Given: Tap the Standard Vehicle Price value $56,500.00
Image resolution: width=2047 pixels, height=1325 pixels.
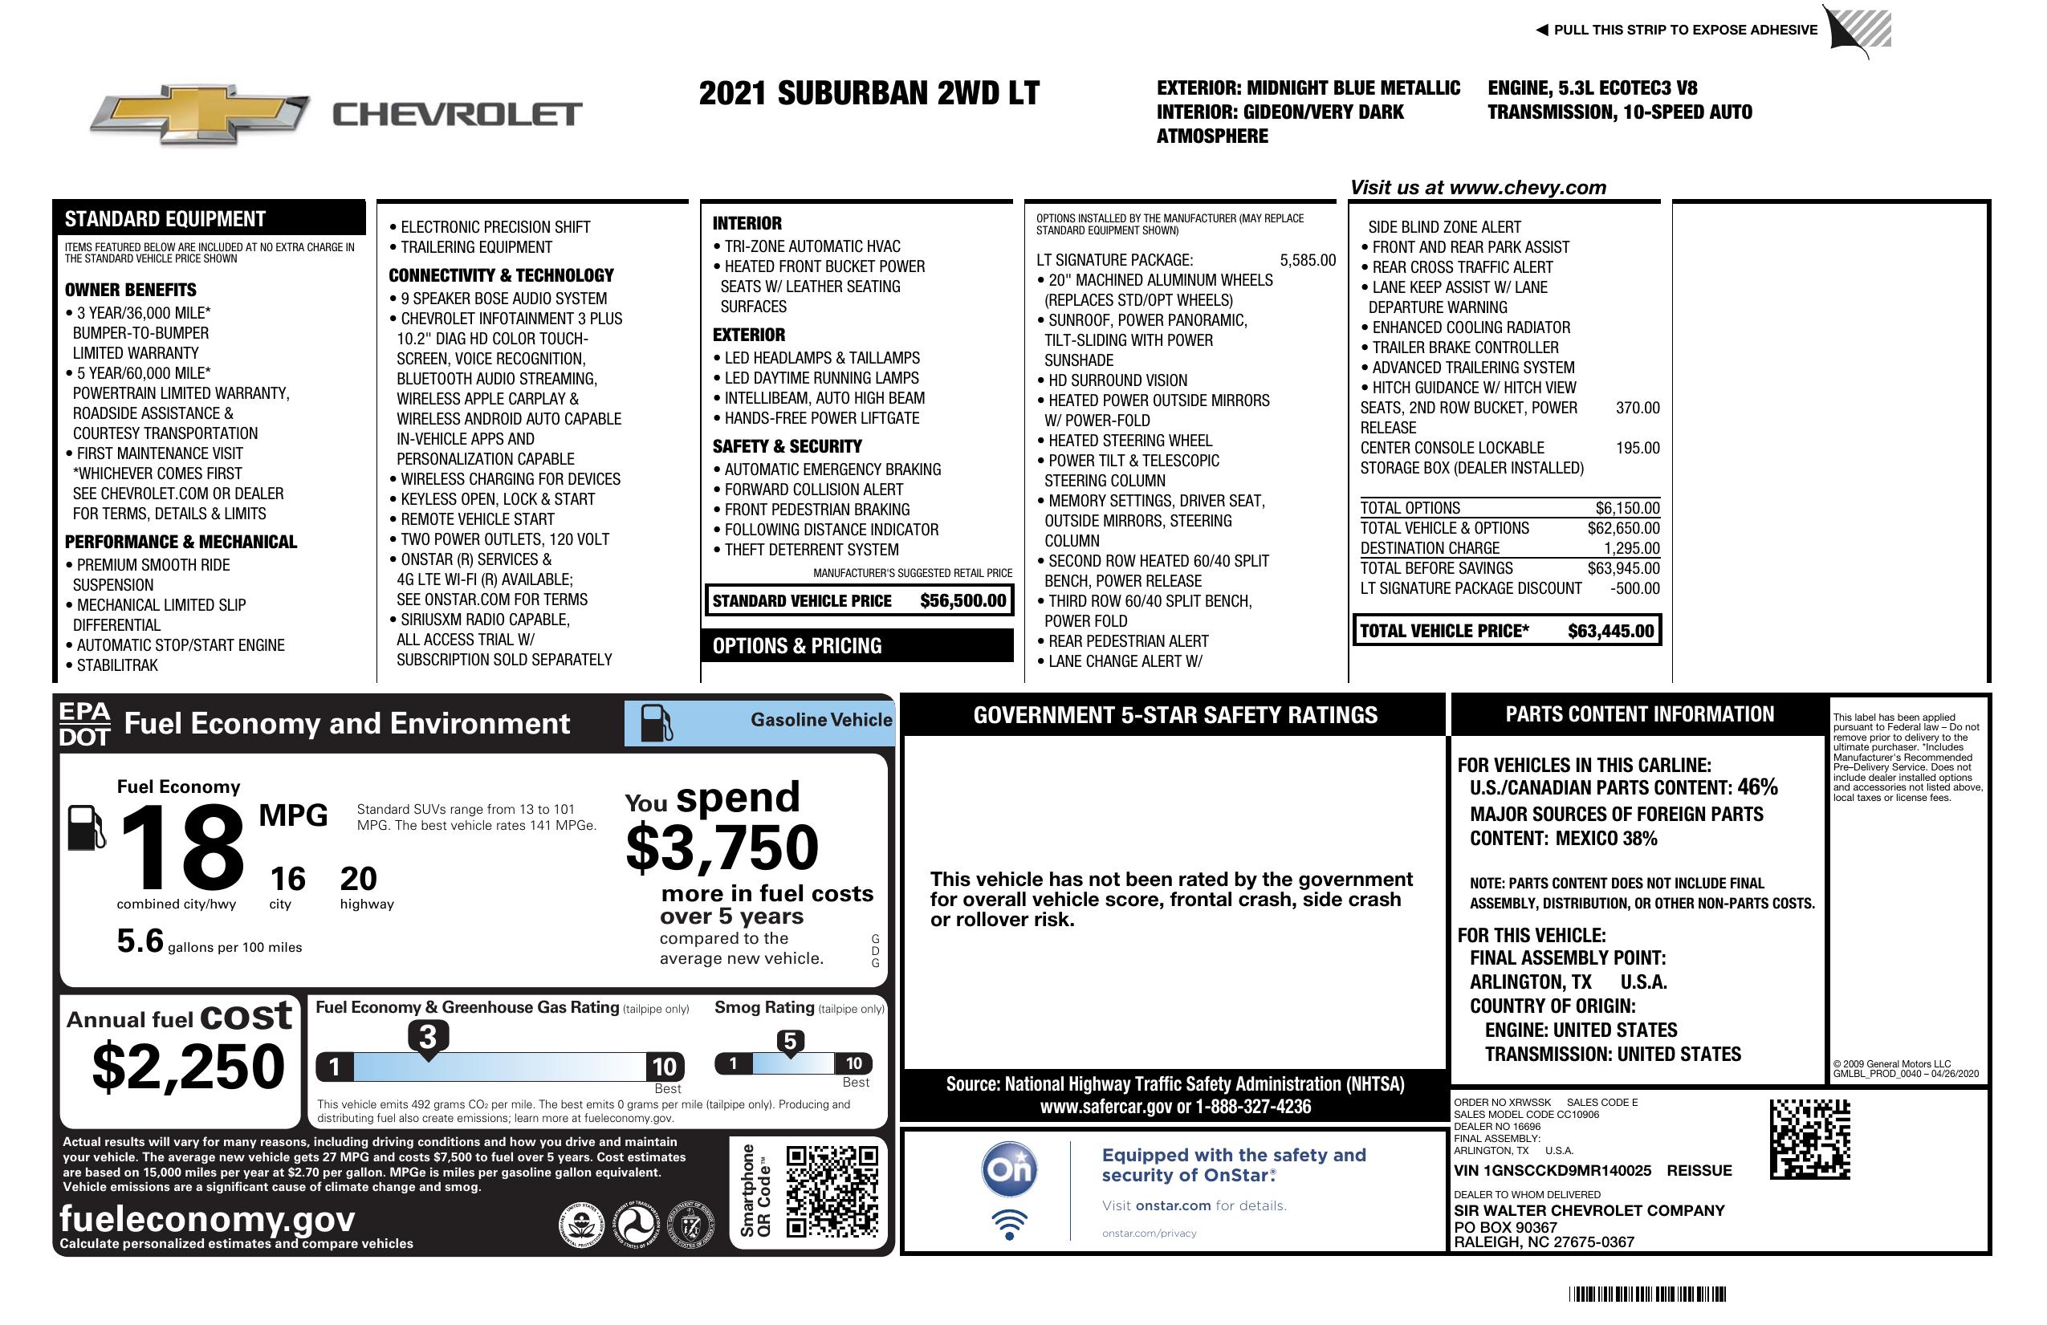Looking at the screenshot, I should pyautogui.click(x=962, y=601).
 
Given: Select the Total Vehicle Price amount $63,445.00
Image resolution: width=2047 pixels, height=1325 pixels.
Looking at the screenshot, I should pyautogui.click(x=1610, y=631).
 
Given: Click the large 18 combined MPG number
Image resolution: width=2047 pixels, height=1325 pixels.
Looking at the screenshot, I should pyautogui.click(x=181, y=847).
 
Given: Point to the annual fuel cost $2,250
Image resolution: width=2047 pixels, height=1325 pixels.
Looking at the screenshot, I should pyautogui.click(x=188, y=1067).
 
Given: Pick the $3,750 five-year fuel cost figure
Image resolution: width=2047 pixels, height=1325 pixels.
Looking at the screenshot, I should pyautogui.click(x=722, y=847).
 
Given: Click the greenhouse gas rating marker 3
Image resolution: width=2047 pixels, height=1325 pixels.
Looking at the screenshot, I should pyautogui.click(x=427, y=1037).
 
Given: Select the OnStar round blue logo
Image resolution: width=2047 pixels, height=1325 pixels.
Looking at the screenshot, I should pyautogui.click(x=1009, y=1169).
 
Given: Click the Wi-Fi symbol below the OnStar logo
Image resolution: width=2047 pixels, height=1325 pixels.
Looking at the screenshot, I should pyautogui.click(x=1009, y=1224).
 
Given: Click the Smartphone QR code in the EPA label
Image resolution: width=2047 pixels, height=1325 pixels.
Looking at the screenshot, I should pyautogui.click(x=832, y=1191).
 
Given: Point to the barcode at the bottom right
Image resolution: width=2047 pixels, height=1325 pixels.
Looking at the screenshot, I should pyautogui.click(x=1646, y=1294).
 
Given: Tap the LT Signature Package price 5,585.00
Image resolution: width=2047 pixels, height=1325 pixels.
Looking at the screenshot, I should pyautogui.click(x=1308, y=261).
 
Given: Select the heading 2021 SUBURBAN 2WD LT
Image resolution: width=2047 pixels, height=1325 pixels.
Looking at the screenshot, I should pyautogui.click(x=869, y=93).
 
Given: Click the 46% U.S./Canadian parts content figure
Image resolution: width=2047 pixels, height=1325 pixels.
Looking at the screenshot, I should pyautogui.click(x=1756, y=786).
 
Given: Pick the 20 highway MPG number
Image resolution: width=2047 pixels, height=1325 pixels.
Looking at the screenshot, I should pyautogui.click(x=358, y=879).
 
